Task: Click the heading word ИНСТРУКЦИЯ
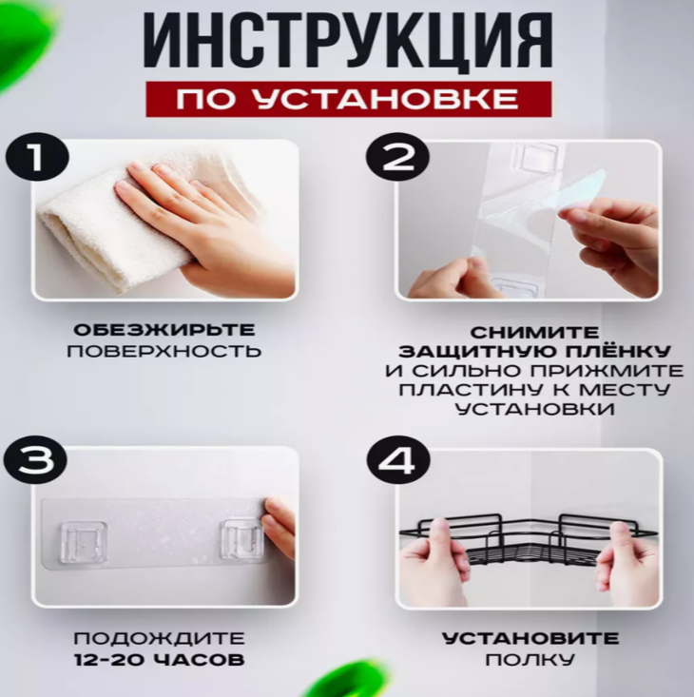tap(348, 41)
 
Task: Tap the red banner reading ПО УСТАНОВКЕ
tap(349, 99)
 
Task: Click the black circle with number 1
tap(37, 158)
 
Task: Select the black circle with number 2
tap(397, 158)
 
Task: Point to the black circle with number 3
tap(35, 459)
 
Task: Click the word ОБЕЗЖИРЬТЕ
tap(164, 330)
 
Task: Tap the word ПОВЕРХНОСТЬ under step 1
tap(164, 351)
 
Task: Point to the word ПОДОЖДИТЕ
tap(159, 639)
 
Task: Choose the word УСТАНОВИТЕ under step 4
tap(530, 639)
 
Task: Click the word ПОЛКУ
tap(530, 660)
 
